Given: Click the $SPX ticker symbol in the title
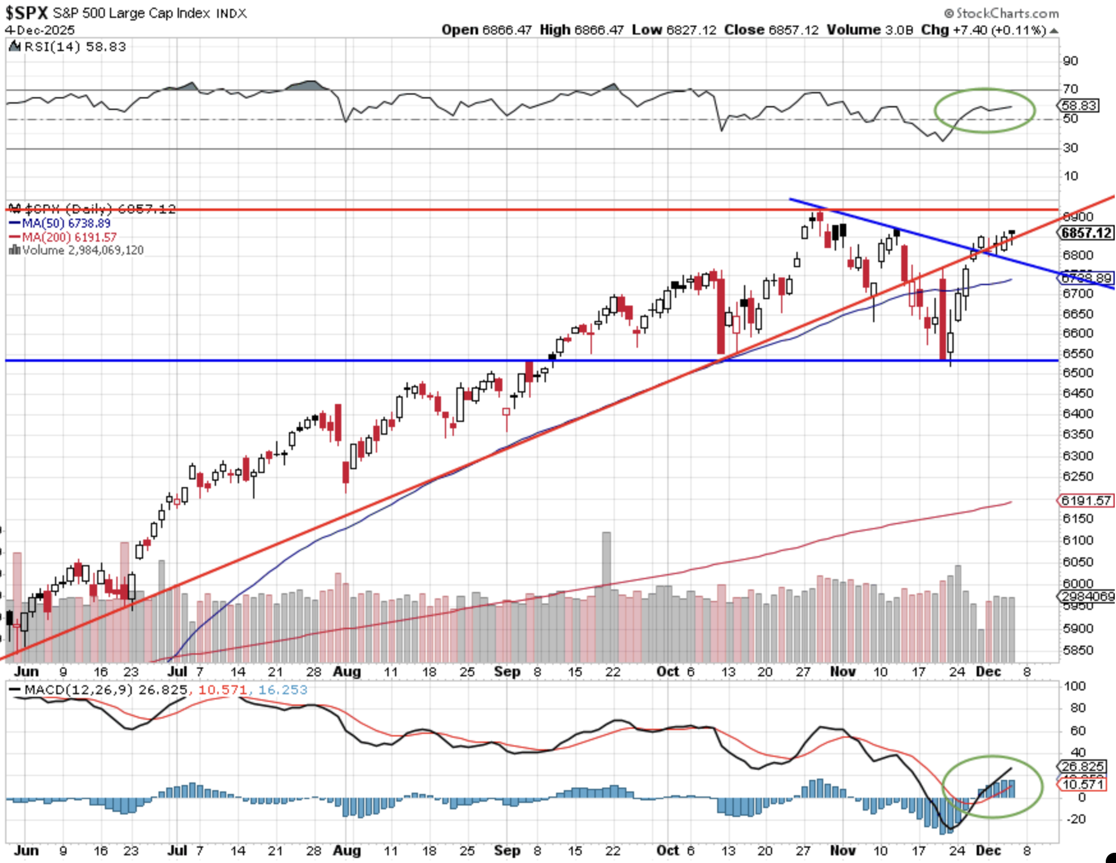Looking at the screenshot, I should tap(27, 13).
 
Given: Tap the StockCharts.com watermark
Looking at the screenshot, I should tap(1002, 13).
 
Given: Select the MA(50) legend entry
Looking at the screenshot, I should tap(61, 223).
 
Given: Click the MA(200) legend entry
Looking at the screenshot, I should tap(63, 237).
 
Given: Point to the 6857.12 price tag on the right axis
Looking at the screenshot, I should tap(1087, 233).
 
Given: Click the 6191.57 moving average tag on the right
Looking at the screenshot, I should tap(1087, 501).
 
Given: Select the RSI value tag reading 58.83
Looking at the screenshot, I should tap(1080, 105).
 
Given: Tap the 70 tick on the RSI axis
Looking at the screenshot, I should tap(1071, 89).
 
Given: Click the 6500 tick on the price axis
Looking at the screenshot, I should tap(1078, 373).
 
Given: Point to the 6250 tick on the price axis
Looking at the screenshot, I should tap(1078, 476).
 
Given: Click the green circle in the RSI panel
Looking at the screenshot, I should tap(984, 111).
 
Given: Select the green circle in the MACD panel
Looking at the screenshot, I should tap(992, 787).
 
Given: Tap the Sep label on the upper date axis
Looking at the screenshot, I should tap(507, 672).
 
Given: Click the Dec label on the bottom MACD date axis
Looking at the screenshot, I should tap(988, 851).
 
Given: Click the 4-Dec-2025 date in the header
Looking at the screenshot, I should tap(40, 30).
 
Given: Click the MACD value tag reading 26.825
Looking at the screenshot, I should tap(1082, 766).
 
